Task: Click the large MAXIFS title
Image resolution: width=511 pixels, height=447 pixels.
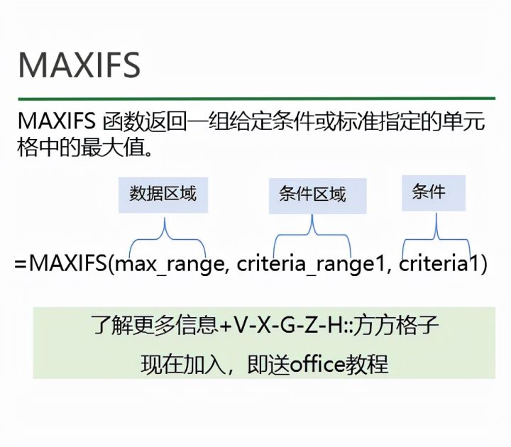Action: (79, 64)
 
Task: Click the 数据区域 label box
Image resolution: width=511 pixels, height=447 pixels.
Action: (163, 194)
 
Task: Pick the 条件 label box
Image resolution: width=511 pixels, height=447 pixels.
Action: (434, 192)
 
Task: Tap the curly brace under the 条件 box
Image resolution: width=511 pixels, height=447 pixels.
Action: (437, 233)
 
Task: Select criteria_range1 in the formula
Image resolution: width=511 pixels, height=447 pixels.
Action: (313, 265)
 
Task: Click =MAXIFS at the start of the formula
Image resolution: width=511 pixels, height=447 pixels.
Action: (60, 265)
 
